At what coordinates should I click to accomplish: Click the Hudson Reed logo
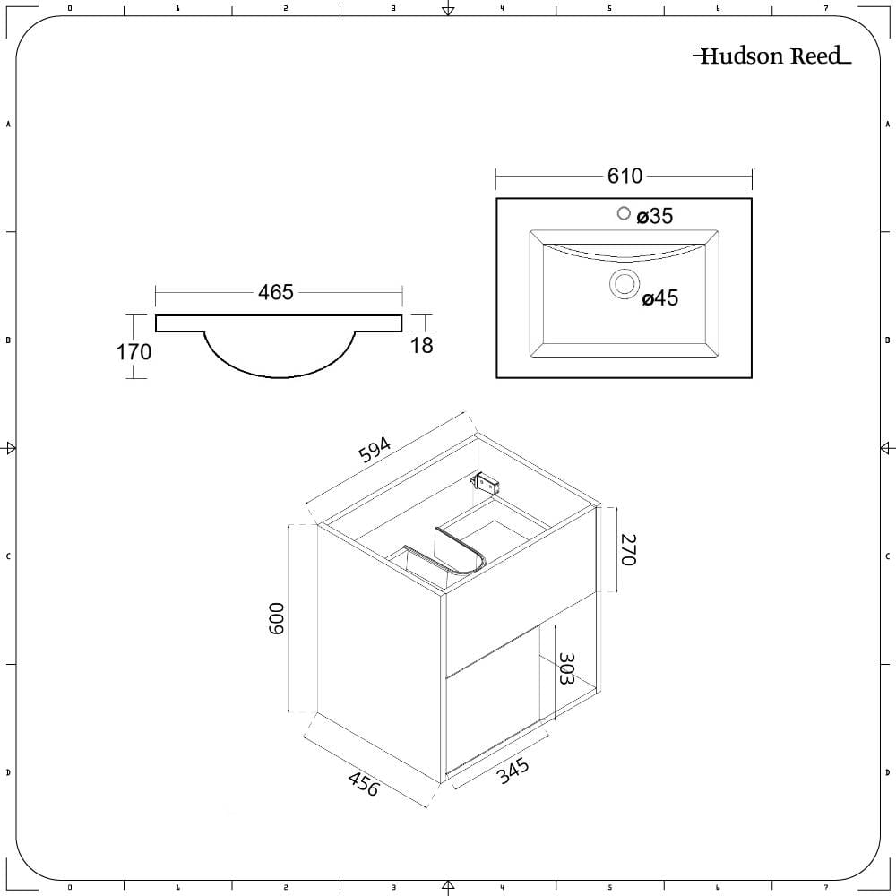click(771, 56)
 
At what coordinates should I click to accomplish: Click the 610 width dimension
click(625, 176)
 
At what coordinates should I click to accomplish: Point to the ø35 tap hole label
click(654, 216)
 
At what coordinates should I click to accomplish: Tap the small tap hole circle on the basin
click(624, 213)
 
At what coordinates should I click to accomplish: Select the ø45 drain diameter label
click(660, 297)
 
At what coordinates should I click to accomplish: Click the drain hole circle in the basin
click(624, 283)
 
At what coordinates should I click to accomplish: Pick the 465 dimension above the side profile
click(275, 293)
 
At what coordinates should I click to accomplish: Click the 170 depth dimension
click(134, 352)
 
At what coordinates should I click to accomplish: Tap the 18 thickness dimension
click(422, 346)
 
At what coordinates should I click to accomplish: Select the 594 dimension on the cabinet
click(375, 450)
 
